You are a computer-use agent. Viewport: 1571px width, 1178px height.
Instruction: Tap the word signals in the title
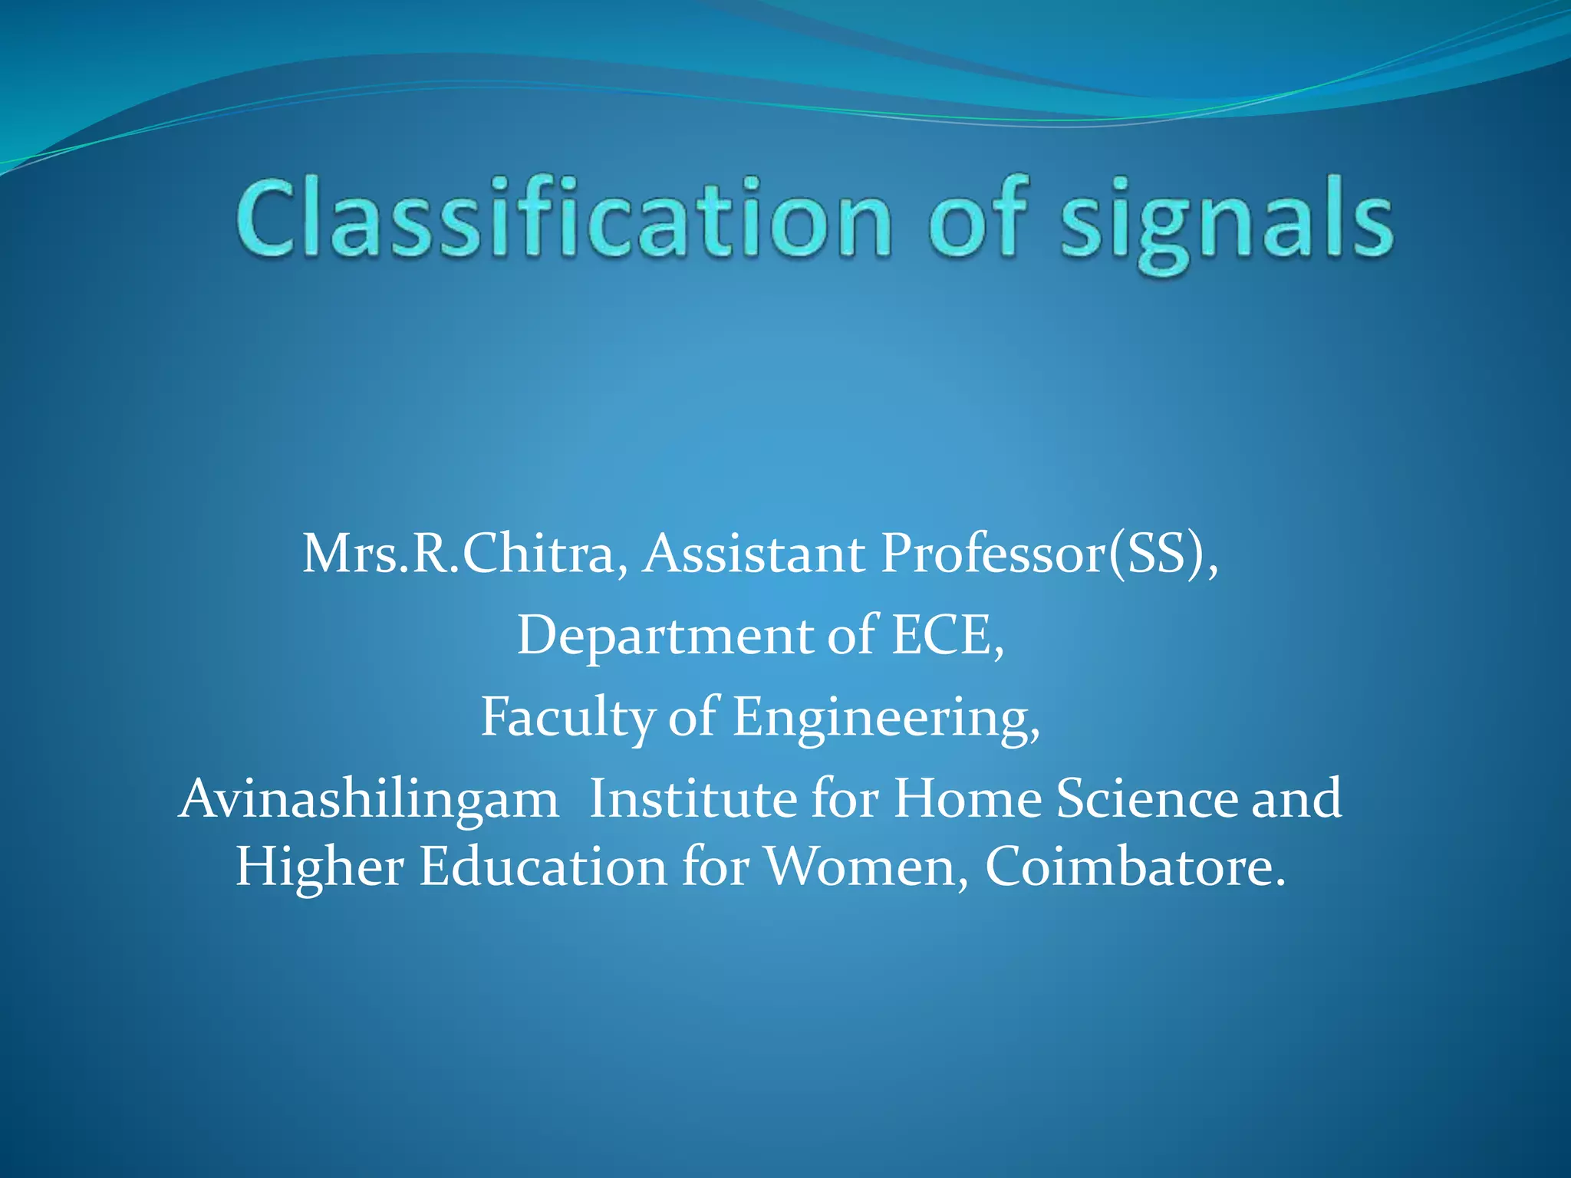(x=1227, y=222)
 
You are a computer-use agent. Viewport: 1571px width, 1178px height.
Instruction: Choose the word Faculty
(x=567, y=718)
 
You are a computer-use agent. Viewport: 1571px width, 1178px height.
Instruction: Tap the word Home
(x=967, y=799)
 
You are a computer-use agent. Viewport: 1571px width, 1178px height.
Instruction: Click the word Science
(x=1148, y=799)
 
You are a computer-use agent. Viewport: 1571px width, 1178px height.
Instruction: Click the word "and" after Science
(x=1296, y=799)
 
